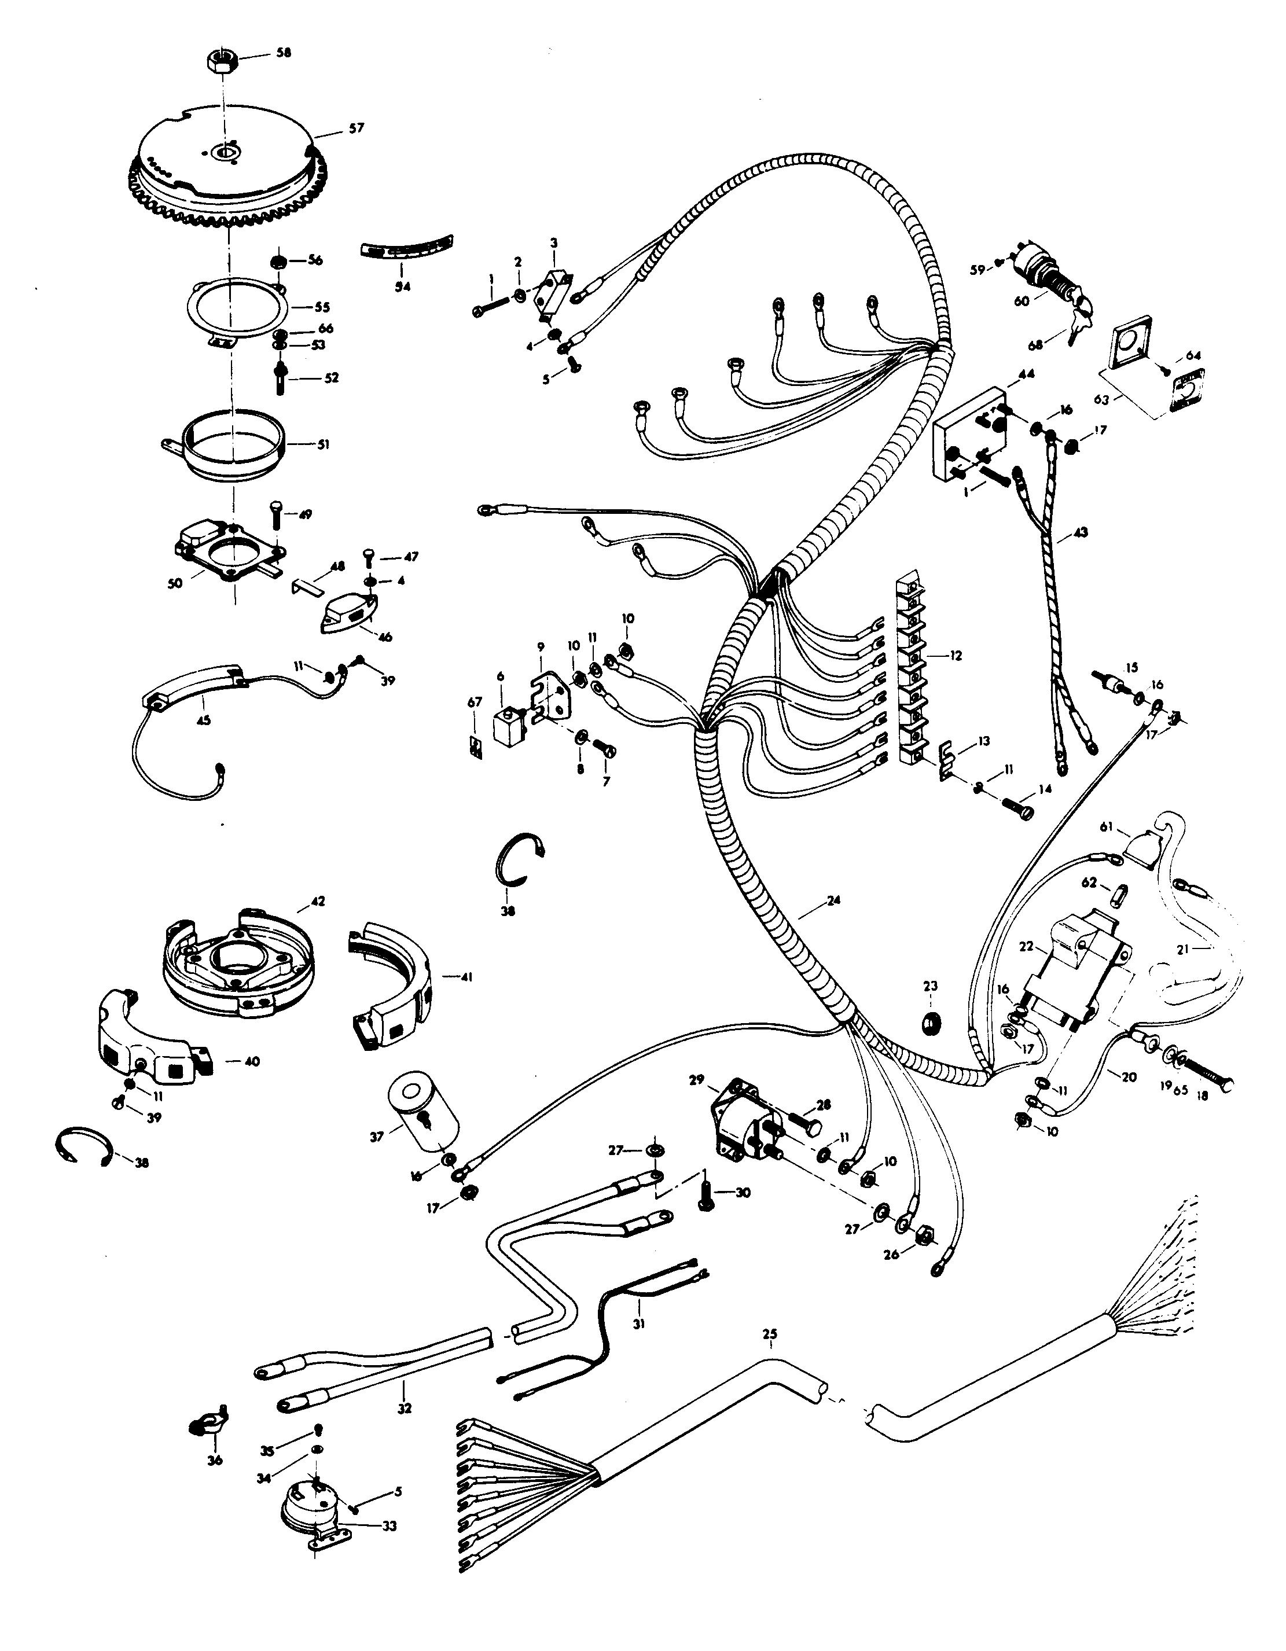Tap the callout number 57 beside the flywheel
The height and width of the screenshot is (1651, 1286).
point(355,128)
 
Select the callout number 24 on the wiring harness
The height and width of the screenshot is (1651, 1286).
point(833,901)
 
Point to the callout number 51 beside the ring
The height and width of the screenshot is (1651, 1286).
point(323,445)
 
